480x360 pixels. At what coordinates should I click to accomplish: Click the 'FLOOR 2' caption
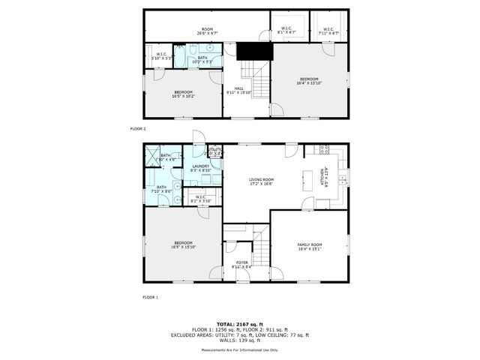[x=138, y=129]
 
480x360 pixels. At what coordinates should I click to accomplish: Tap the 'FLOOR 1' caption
[x=150, y=297]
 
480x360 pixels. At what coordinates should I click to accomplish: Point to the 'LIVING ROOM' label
[x=262, y=181]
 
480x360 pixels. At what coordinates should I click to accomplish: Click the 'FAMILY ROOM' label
[x=310, y=247]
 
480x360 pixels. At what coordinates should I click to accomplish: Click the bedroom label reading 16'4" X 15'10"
[x=310, y=81]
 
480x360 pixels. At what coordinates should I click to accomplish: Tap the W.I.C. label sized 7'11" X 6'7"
[x=328, y=31]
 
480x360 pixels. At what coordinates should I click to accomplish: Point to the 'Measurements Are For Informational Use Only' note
[x=239, y=350]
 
